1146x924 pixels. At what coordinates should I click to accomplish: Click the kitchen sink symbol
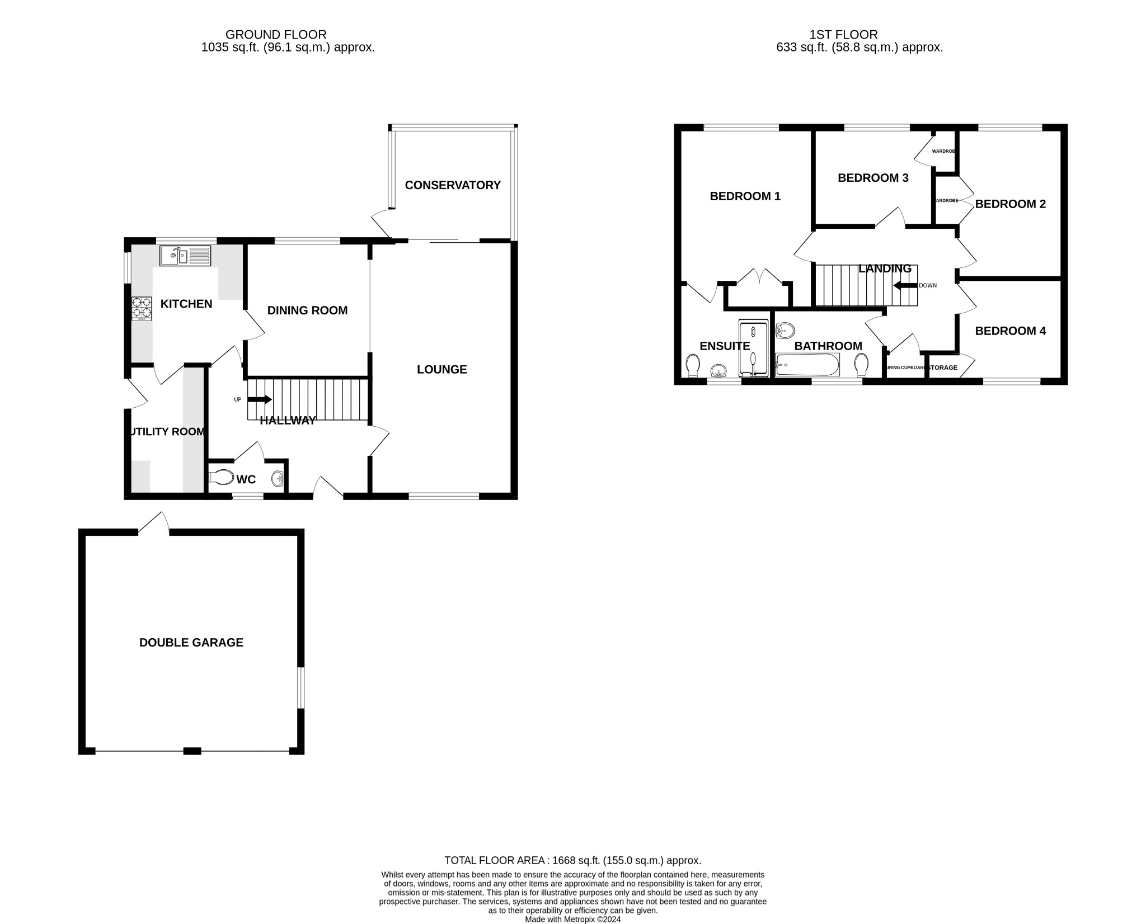[x=185, y=256]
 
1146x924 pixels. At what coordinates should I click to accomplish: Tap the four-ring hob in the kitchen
[x=142, y=308]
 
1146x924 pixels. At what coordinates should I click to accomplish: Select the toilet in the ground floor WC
[x=222, y=478]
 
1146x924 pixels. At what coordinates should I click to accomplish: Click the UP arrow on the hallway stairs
[x=259, y=399]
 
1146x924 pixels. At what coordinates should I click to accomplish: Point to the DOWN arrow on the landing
[x=905, y=286]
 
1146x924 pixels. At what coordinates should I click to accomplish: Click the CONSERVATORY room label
[x=453, y=185]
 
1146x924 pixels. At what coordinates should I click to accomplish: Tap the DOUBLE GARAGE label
[x=191, y=643]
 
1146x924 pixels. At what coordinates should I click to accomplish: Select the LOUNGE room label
[x=442, y=369]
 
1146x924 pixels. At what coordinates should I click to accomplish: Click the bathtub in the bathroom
[x=807, y=365]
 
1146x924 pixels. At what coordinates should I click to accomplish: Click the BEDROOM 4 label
[x=1010, y=331]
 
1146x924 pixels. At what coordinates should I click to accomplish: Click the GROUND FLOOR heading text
[x=275, y=35]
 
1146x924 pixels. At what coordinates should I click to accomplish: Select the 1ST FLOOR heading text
[x=844, y=35]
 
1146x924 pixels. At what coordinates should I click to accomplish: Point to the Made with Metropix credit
[x=572, y=919]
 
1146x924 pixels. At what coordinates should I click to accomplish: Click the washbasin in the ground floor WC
[x=278, y=479]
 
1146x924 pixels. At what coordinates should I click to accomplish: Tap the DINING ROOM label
[x=307, y=310]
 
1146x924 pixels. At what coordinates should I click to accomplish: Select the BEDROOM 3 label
[x=873, y=178]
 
